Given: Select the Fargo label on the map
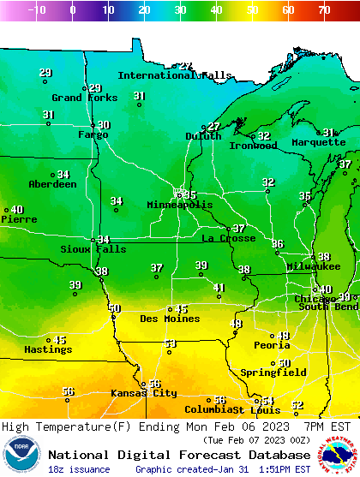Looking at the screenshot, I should [x=93, y=134].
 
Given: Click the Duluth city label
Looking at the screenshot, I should [x=203, y=136].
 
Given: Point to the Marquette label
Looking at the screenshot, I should [x=318, y=142].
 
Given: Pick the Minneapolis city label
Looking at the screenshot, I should [x=179, y=205].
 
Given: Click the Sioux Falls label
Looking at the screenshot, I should [x=93, y=249].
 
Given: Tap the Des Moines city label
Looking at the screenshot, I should [x=170, y=319].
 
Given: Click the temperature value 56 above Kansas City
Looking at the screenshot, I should [x=155, y=385].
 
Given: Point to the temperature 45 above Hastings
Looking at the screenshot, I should [x=60, y=340].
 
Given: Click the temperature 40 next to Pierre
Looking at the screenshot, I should [x=17, y=210].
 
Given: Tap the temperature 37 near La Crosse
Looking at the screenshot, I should [x=239, y=229].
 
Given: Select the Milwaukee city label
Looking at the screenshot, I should [x=314, y=267].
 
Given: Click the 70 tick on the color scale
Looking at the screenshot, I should [x=323, y=10].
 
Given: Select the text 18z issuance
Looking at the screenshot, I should [x=79, y=469].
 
